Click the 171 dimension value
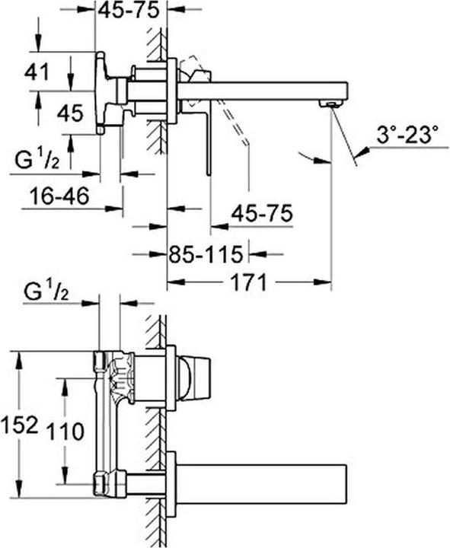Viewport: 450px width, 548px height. pyautogui.click(x=249, y=282)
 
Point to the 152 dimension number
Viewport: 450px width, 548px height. pyautogui.click(x=19, y=425)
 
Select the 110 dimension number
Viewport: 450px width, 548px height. pyautogui.click(x=65, y=432)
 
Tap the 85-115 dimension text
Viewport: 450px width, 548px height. pyautogui.click(x=206, y=254)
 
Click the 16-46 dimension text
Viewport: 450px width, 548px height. pyautogui.click(x=59, y=196)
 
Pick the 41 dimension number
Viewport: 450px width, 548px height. pyautogui.click(x=37, y=73)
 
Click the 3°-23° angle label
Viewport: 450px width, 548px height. pyautogui.click(x=407, y=135)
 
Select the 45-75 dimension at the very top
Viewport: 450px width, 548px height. pyautogui.click(x=129, y=11)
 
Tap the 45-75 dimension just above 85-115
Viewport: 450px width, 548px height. pyautogui.click(x=262, y=213)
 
